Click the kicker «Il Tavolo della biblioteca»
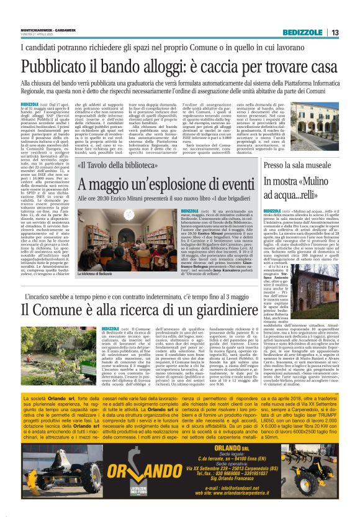pyautogui.click(x=114, y=166)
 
